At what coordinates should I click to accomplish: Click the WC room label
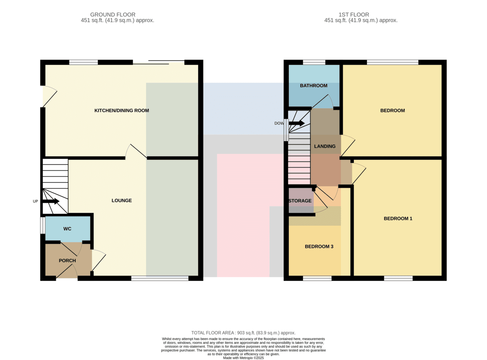click(x=67, y=229)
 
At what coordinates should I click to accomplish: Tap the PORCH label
click(x=67, y=261)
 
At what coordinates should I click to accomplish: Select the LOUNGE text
click(x=122, y=200)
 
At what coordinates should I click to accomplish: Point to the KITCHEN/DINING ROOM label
click(x=122, y=110)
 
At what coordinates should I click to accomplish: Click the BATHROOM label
click(x=314, y=86)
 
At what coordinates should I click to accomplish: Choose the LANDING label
click(x=325, y=146)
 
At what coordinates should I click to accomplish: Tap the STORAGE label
click(x=300, y=201)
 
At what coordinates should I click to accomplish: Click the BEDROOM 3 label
click(x=319, y=246)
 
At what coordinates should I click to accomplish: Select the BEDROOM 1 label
click(x=398, y=218)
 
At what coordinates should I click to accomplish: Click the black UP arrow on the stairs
click(x=51, y=201)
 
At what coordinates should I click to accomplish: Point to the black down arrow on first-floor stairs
click(x=296, y=123)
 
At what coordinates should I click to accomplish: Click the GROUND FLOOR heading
click(x=113, y=15)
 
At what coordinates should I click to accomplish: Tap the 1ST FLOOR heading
click(x=354, y=15)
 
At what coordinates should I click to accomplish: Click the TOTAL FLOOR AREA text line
click(x=243, y=333)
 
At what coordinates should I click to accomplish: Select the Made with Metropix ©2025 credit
click(x=243, y=358)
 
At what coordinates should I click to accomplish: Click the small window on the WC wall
click(x=43, y=225)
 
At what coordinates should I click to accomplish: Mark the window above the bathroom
click(x=314, y=63)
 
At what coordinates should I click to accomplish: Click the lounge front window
click(x=160, y=278)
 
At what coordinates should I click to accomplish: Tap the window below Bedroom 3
click(x=317, y=278)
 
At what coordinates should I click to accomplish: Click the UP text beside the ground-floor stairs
click(x=35, y=201)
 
